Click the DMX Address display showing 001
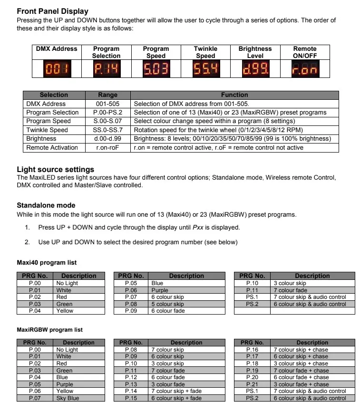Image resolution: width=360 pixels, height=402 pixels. (x=57, y=70)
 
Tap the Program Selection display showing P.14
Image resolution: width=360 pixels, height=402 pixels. (x=106, y=70)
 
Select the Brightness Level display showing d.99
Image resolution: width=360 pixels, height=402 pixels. (x=255, y=70)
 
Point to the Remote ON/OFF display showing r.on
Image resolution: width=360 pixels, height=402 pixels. (x=304, y=70)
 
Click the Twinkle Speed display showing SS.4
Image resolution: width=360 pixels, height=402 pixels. (x=205, y=70)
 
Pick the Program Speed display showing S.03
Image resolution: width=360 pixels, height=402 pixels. (x=156, y=70)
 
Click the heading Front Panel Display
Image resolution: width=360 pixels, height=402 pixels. (x=52, y=11)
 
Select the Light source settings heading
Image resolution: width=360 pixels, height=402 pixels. (x=55, y=170)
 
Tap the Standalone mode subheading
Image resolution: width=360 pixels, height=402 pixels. (x=46, y=205)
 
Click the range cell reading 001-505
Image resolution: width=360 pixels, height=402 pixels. (x=107, y=104)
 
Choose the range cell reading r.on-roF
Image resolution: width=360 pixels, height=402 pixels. (x=107, y=147)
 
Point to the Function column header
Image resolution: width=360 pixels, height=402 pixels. (x=234, y=95)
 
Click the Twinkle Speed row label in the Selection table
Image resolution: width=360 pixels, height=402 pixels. (x=47, y=130)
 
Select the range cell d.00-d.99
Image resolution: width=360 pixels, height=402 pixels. (x=107, y=139)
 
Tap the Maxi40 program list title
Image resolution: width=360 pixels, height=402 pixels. (x=47, y=263)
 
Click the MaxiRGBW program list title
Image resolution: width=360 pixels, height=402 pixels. (x=49, y=330)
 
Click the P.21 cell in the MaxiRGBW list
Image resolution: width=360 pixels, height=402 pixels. (x=252, y=384)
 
